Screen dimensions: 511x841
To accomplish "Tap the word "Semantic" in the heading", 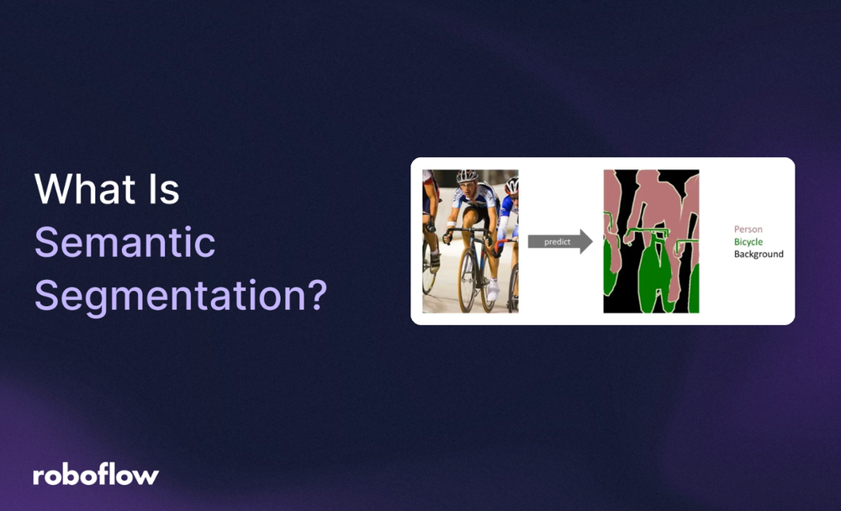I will [x=124, y=244].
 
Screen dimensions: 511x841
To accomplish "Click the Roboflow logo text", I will [x=96, y=475].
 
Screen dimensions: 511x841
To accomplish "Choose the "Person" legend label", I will [x=748, y=229].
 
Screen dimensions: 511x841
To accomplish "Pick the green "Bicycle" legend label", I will [x=748, y=241].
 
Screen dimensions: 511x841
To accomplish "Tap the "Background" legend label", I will [x=758, y=254].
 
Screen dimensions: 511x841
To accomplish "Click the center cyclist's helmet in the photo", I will [x=467, y=176].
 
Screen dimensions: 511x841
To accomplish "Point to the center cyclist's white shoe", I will [x=493, y=291].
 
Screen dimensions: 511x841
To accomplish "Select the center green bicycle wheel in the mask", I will [x=652, y=282].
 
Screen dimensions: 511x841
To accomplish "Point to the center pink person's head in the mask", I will [x=648, y=181].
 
